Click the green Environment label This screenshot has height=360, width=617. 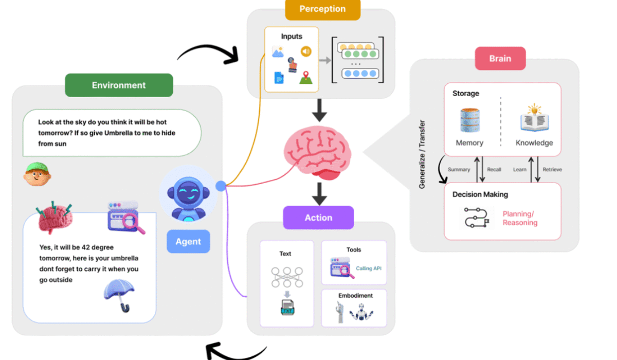(x=119, y=85)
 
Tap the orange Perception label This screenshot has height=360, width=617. (x=322, y=9)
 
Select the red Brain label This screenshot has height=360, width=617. (x=500, y=58)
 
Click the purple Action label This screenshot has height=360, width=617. (x=318, y=218)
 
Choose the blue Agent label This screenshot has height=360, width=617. (x=188, y=241)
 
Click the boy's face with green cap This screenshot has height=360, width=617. (x=37, y=174)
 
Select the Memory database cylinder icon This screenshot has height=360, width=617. (x=469, y=120)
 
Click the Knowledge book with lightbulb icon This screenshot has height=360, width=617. (x=534, y=119)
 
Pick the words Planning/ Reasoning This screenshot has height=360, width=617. (x=520, y=218)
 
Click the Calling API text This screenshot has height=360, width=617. (x=369, y=268)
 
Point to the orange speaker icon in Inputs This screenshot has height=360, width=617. (x=306, y=51)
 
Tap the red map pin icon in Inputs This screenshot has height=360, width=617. (x=306, y=77)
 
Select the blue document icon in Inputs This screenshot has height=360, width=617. (x=279, y=78)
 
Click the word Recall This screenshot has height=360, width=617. (x=494, y=169)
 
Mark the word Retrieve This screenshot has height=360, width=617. (x=552, y=169)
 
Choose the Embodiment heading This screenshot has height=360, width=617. (x=355, y=296)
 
